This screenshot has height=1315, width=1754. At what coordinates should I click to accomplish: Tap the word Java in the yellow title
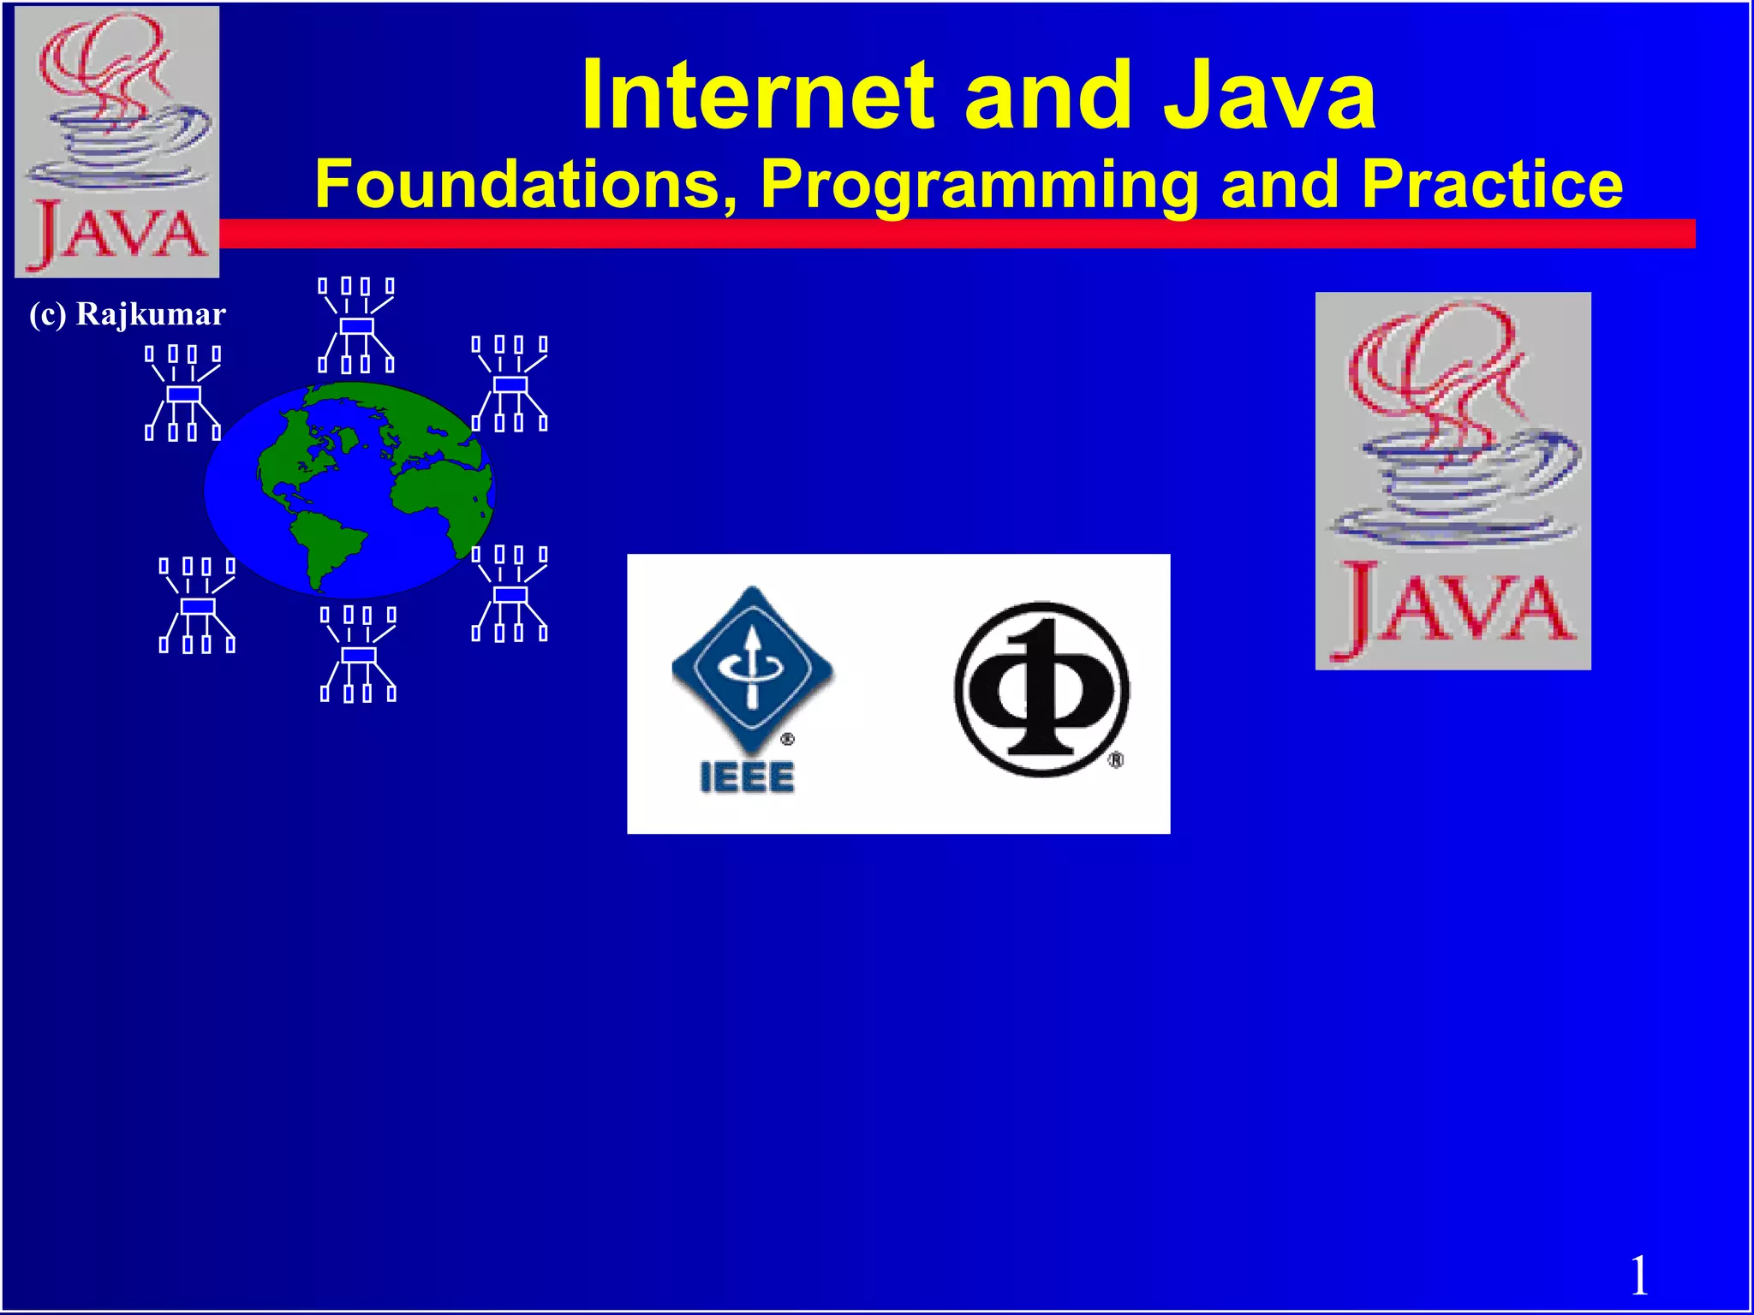pyautogui.click(x=1268, y=96)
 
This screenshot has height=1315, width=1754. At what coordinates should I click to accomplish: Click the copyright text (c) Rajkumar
pyautogui.click(x=127, y=314)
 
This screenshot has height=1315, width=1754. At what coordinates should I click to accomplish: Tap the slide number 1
pyautogui.click(x=1638, y=1276)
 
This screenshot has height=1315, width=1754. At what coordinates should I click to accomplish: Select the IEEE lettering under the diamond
pyautogui.click(x=747, y=777)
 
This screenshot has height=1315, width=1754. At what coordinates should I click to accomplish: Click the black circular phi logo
pyautogui.click(x=1041, y=690)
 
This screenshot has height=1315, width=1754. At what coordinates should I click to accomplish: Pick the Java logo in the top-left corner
pyautogui.click(x=117, y=141)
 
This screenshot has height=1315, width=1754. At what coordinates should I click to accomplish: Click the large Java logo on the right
pyautogui.click(x=1453, y=480)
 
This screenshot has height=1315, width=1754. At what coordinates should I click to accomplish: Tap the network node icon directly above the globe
pyautogui.click(x=356, y=325)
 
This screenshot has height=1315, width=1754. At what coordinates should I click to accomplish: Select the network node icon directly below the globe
pyautogui.click(x=358, y=655)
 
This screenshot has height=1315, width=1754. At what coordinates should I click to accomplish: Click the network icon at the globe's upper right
pyautogui.click(x=510, y=384)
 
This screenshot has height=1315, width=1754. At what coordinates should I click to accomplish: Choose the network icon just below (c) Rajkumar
pyautogui.click(x=183, y=393)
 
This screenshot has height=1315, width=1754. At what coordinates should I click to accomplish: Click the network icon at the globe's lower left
pyautogui.click(x=197, y=605)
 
